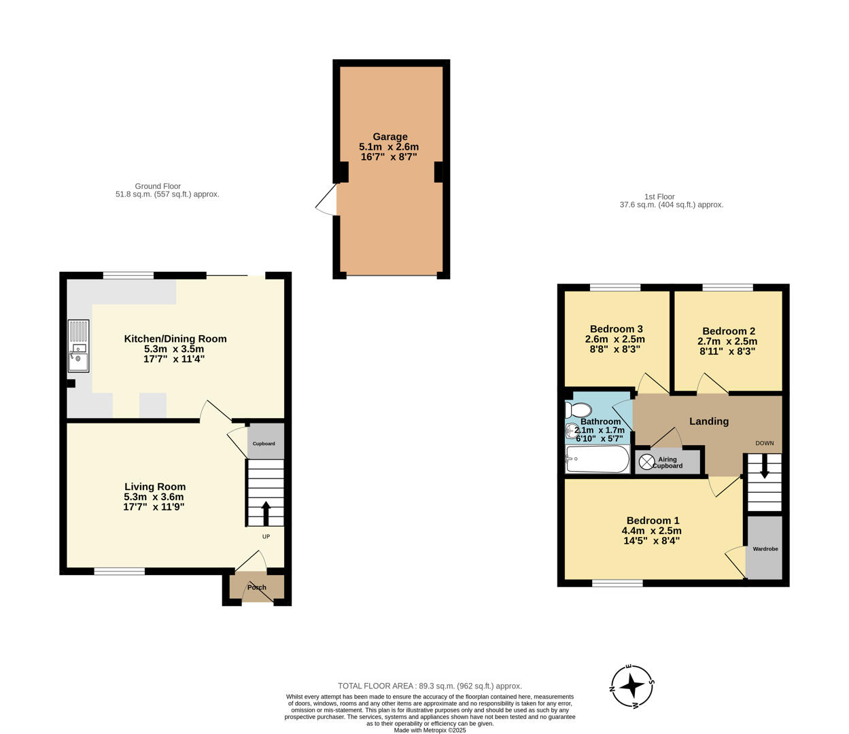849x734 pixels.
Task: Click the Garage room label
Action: (389, 137)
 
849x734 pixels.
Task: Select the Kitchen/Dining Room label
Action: (175, 338)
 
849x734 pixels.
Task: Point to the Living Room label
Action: (154, 487)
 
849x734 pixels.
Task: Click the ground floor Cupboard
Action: (264, 443)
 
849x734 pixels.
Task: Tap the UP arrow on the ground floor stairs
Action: (265, 513)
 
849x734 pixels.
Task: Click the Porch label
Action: (257, 587)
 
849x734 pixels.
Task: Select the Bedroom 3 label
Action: (616, 329)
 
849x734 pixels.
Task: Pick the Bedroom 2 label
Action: (728, 331)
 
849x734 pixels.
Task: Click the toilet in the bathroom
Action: (578, 410)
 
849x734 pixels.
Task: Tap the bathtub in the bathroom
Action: (597, 459)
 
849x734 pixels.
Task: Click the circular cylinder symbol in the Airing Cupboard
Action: (646, 462)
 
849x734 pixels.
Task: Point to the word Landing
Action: (709, 421)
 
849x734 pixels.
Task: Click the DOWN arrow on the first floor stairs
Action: (765, 468)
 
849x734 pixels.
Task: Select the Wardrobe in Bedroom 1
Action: (765, 548)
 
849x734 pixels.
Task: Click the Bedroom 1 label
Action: (652, 521)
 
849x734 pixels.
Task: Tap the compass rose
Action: (632, 686)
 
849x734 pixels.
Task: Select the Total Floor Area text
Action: (430, 686)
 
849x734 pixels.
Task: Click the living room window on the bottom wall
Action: (120, 572)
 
